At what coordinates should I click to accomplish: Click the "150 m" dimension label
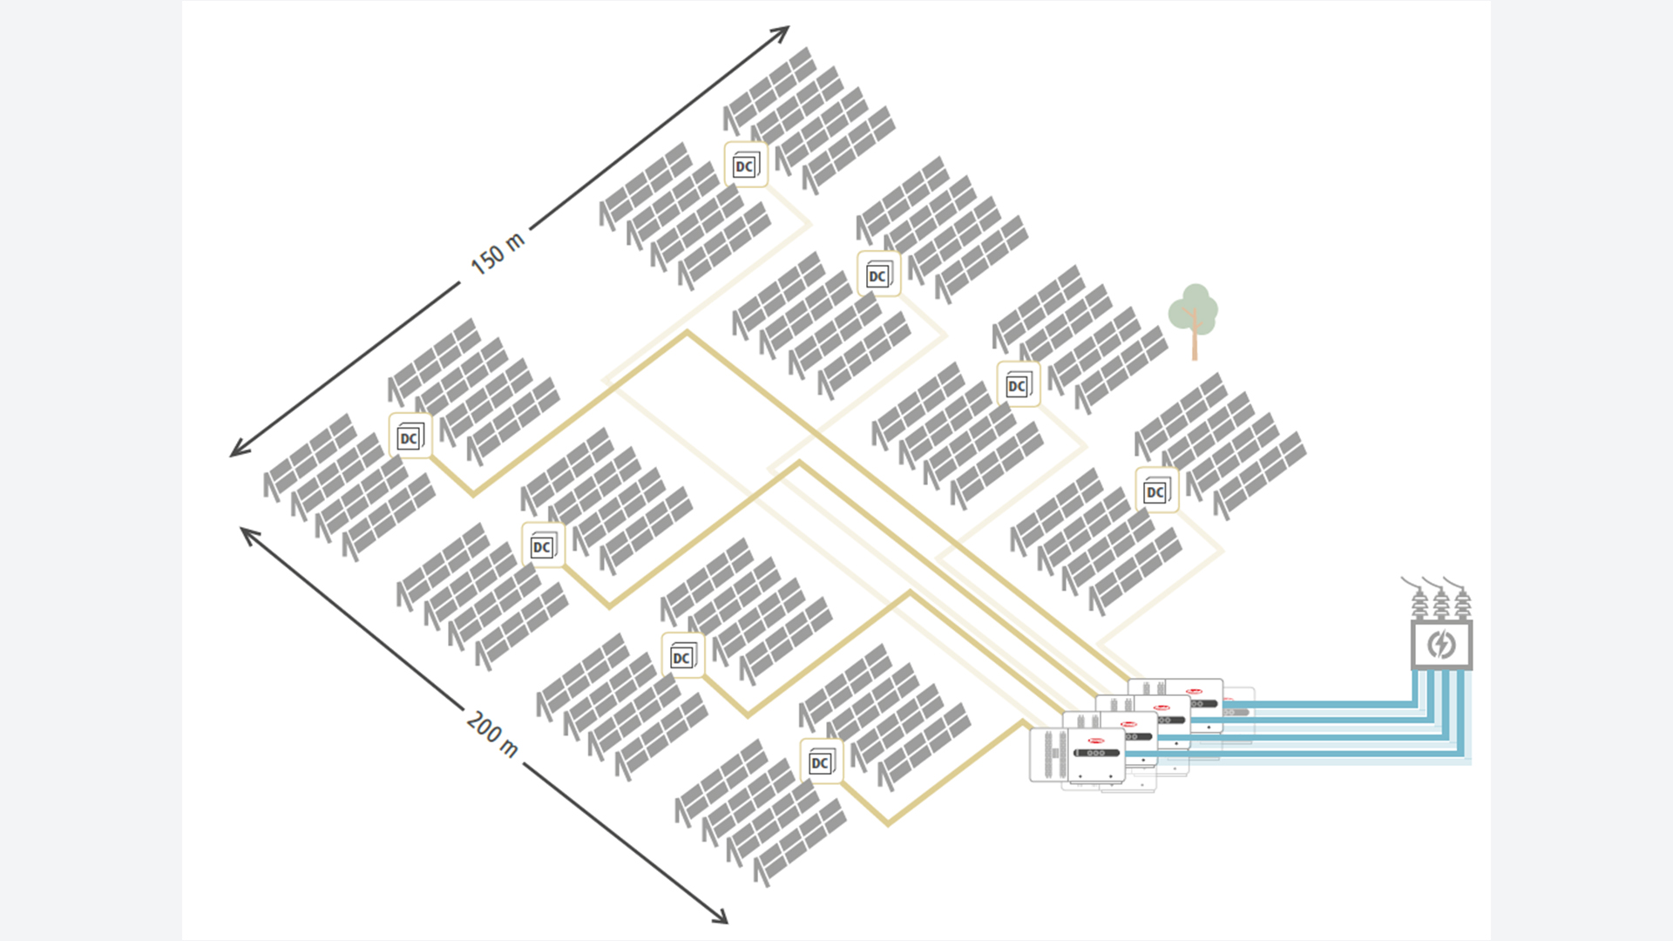tap(498, 254)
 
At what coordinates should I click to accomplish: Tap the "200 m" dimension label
tap(492, 734)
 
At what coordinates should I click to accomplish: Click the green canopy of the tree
tap(1193, 307)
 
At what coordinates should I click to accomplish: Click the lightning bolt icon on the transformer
tap(1441, 645)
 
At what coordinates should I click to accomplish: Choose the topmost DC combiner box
tap(746, 165)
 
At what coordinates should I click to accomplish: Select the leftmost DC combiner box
tap(410, 436)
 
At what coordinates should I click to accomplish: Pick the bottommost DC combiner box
tap(821, 762)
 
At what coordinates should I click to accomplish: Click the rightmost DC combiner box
tap(1156, 491)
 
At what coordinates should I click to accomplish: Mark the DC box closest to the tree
tap(1018, 384)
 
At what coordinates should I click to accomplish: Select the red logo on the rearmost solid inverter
tap(1193, 692)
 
